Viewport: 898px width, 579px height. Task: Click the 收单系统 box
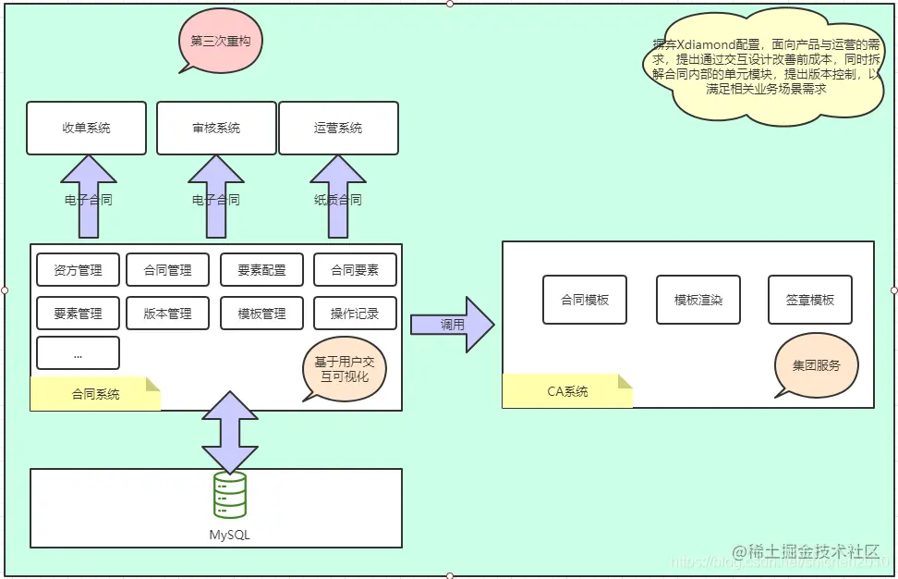point(86,129)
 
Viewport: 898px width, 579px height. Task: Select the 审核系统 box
point(216,129)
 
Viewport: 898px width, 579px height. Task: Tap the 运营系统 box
point(338,129)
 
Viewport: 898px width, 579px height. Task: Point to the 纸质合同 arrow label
point(338,200)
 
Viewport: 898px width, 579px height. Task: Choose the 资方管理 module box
point(78,270)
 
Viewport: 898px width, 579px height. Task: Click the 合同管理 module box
point(168,270)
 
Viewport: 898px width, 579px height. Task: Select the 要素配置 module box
point(262,270)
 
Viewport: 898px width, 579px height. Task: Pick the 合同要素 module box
point(355,270)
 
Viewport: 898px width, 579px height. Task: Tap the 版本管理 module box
point(168,314)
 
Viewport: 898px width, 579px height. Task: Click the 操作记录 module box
point(355,314)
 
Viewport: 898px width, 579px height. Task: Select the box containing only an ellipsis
point(78,353)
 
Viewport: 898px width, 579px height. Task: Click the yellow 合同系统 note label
point(95,394)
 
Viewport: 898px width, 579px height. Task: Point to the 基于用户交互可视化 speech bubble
point(344,368)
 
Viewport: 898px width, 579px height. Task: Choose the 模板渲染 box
point(698,300)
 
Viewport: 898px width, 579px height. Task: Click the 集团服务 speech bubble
point(816,365)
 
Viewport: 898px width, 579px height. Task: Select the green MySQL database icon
point(229,495)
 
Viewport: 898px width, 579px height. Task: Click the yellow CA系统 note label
point(567,391)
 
